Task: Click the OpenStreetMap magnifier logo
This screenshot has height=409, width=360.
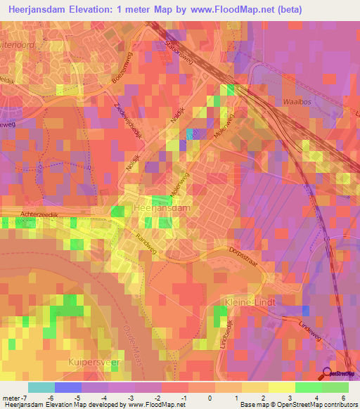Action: pyautogui.click(x=328, y=373)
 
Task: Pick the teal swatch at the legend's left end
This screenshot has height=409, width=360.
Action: pyautogui.click(x=41, y=387)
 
